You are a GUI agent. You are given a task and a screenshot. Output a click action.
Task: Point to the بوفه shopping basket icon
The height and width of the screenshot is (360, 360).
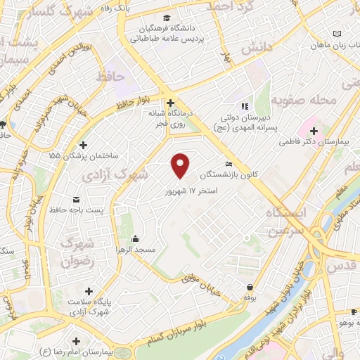(251, 287)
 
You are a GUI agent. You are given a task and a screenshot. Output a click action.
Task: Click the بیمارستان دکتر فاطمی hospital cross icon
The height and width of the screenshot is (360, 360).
(314, 131)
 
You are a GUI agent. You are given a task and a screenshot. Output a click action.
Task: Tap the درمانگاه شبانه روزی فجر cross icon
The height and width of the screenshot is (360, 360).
(170, 102)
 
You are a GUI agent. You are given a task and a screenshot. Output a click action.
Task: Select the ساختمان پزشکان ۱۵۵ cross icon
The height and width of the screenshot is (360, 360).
(84, 144)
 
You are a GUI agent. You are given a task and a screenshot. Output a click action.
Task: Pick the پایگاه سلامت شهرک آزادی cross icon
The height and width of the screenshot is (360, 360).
(88, 291)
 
